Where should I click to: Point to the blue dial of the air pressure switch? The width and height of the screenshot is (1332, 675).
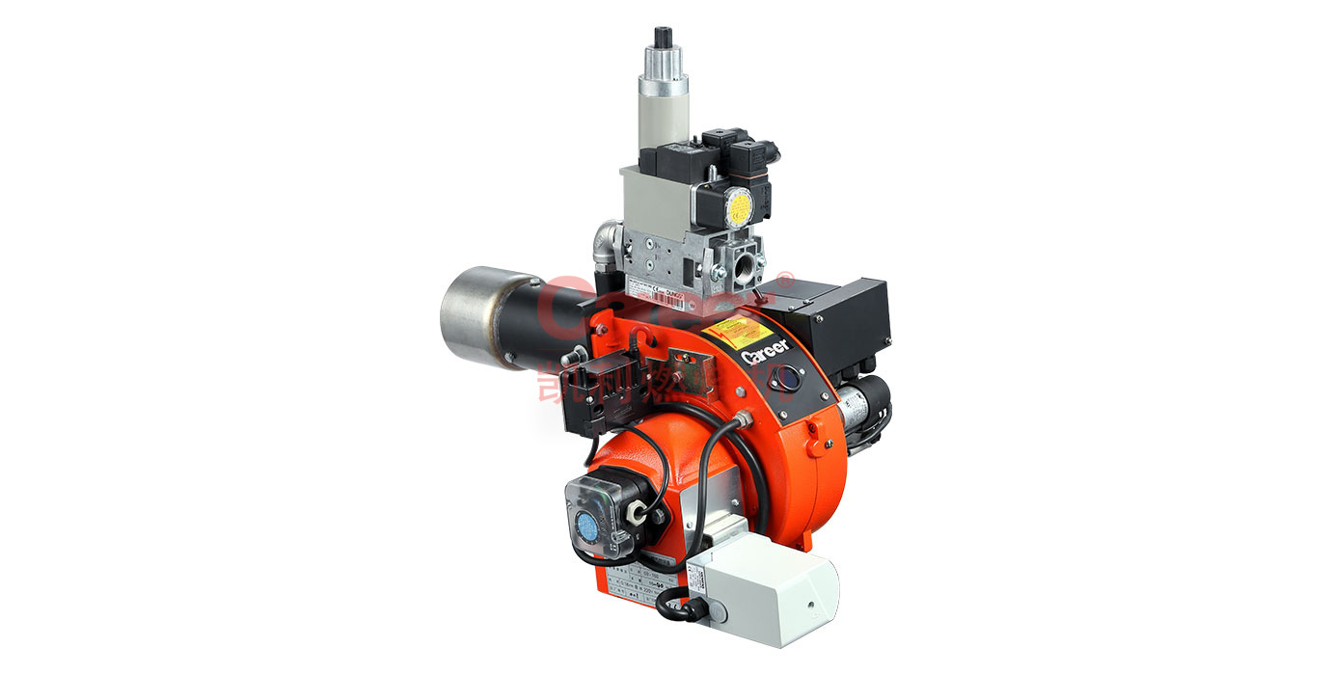586,526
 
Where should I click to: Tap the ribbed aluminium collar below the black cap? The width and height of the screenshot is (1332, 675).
665,68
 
